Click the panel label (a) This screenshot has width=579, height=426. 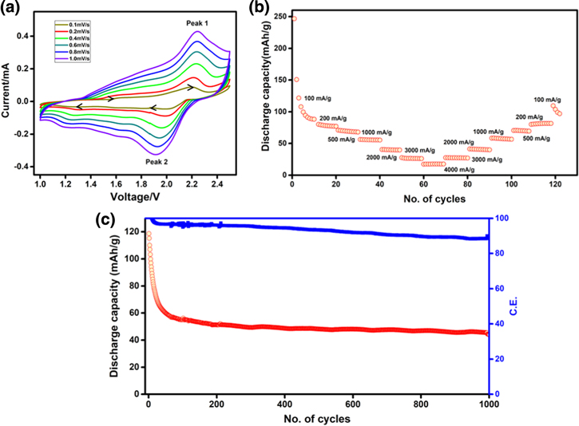coord(11,8)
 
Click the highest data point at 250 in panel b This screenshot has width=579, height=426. coord(293,18)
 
